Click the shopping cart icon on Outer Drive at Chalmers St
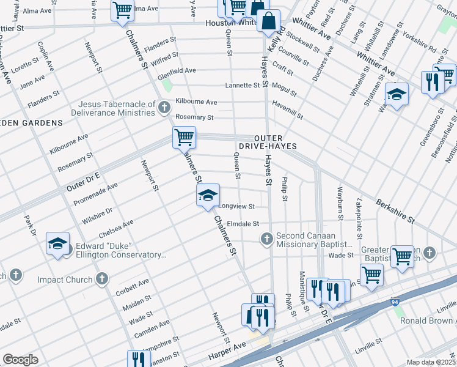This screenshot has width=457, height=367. click(x=184, y=137)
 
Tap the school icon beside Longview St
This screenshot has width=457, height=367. click(x=208, y=195)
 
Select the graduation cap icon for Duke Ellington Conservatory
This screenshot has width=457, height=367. click(x=57, y=243)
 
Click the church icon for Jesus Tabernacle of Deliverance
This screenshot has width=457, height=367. click(x=163, y=108)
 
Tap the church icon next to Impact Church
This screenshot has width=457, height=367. click(x=102, y=280)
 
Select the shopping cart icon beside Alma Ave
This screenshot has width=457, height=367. click(x=122, y=10)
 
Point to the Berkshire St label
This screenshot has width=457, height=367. click(x=395, y=210)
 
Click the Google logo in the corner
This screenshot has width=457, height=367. click(x=20, y=360)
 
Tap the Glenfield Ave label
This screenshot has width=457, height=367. click(x=177, y=70)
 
